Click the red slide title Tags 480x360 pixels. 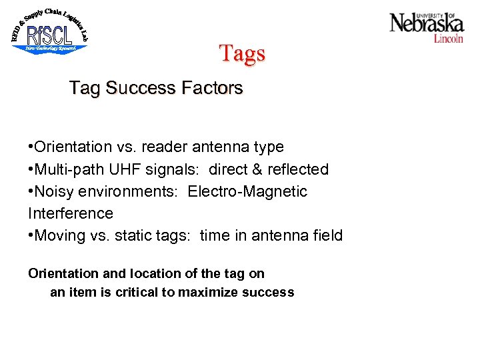[242, 53]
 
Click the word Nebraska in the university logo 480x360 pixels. [426, 25]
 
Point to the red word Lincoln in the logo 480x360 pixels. [448, 39]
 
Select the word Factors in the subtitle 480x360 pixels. [213, 88]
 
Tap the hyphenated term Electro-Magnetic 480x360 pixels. [247, 191]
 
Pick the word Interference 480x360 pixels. [71, 213]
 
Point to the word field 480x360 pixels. [327, 235]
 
